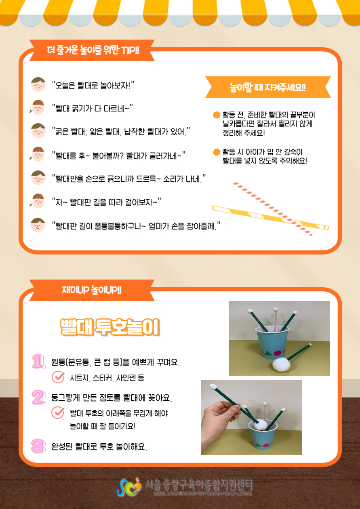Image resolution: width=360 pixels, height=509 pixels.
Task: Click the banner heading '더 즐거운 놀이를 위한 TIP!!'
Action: pyautogui.click(x=93, y=50)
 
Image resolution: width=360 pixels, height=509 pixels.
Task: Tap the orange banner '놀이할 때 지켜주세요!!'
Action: pyautogui.click(x=268, y=87)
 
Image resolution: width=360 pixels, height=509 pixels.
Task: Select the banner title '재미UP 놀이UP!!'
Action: pyautogui.click(x=92, y=290)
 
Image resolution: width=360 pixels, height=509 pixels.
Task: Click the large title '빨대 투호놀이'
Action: pyautogui.click(x=110, y=327)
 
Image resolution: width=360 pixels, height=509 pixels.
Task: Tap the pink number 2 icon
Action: pyautogui.click(x=38, y=397)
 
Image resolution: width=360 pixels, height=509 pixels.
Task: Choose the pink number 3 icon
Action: pyautogui.click(x=38, y=446)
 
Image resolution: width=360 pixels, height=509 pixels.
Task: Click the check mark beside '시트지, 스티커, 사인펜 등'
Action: pyautogui.click(x=58, y=377)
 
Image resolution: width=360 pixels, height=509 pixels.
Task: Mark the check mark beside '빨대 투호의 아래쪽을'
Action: pyautogui.click(x=58, y=412)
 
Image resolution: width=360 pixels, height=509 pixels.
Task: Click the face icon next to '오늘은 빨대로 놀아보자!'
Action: pyautogui.click(x=38, y=84)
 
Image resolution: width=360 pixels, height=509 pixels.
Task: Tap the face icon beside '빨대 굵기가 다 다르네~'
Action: pyautogui.click(x=37, y=107)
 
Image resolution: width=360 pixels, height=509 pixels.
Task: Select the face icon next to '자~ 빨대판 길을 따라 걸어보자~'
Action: pyautogui.click(x=37, y=201)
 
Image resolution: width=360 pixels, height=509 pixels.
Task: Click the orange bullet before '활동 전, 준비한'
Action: pyautogui.click(x=217, y=115)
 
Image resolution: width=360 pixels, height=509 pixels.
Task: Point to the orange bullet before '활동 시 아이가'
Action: pyautogui.click(x=217, y=152)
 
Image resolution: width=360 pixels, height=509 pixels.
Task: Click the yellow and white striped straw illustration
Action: pyautogui.click(x=270, y=217)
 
